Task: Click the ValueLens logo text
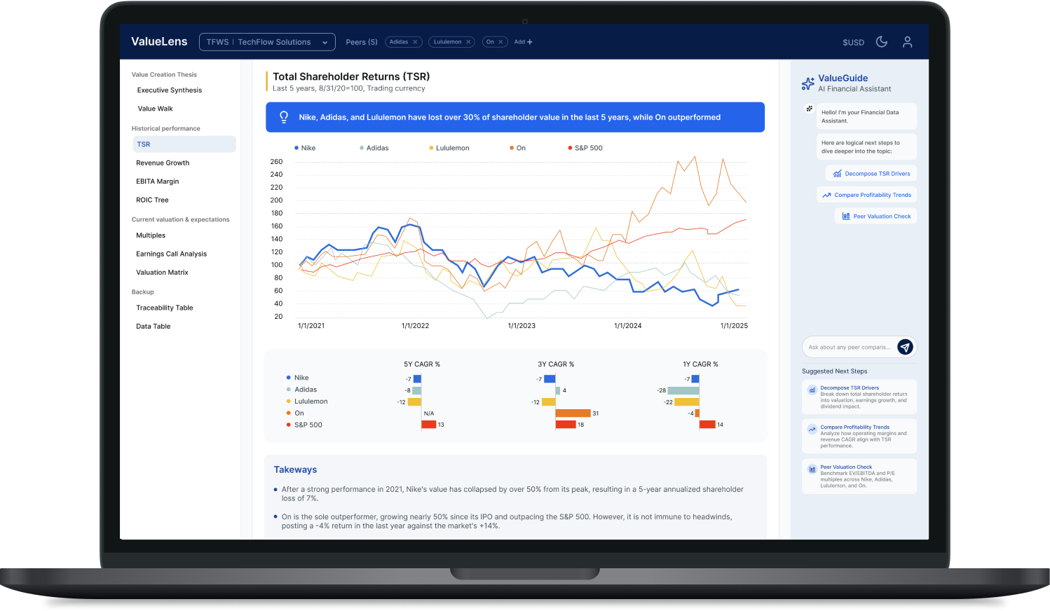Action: pyautogui.click(x=159, y=42)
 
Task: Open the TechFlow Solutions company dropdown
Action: pyautogui.click(x=267, y=42)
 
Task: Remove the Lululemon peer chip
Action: pyautogui.click(x=468, y=42)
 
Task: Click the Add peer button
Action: pyautogui.click(x=523, y=42)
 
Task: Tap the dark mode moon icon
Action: pyautogui.click(x=882, y=42)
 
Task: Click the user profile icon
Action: pyautogui.click(x=907, y=42)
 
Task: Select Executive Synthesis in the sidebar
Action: pyautogui.click(x=170, y=90)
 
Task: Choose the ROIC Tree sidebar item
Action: pyautogui.click(x=152, y=200)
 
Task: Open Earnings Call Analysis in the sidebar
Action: pyautogui.click(x=171, y=254)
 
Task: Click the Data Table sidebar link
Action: pyautogui.click(x=154, y=327)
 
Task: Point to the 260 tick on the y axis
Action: pyautogui.click(x=276, y=162)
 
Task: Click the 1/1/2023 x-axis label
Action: pyautogui.click(x=521, y=326)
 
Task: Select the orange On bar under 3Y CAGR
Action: pyautogui.click(x=573, y=413)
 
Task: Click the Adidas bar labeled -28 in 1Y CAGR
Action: pyautogui.click(x=683, y=390)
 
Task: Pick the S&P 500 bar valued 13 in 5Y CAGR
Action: pyautogui.click(x=428, y=425)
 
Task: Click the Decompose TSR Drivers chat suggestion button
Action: pyautogui.click(x=871, y=174)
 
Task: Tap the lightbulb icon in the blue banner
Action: pyautogui.click(x=284, y=117)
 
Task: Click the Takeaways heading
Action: pyautogui.click(x=295, y=469)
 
